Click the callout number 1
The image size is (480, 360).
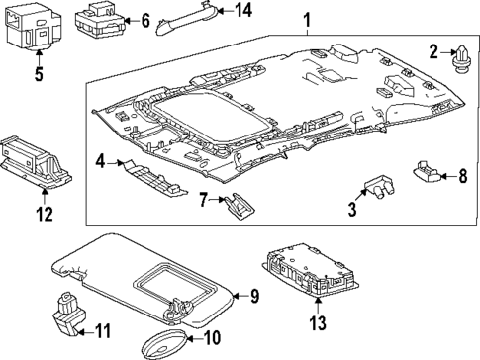[x=306, y=19]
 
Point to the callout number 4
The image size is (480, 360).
[x=100, y=160]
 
